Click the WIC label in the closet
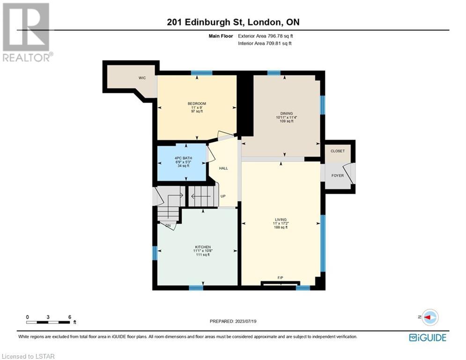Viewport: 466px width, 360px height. coord(142,78)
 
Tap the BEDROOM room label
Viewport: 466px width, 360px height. coord(197,104)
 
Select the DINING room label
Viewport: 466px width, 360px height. coord(287,113)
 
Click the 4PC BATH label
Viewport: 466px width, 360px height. coord(184,158)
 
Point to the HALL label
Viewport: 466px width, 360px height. coord(223,168)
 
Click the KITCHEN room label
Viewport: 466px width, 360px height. coord(203,247)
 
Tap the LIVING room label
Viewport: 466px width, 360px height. coord(281,219)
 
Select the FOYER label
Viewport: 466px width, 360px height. coord(338,175)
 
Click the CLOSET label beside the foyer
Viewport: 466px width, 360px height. coord(338,151)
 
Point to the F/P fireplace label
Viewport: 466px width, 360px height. coord(280,277)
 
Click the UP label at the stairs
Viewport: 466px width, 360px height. coord(223,196)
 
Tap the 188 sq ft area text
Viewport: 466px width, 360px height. coord(281,227)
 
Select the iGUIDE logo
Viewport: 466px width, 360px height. coord(428,337)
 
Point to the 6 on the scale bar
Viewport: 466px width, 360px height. coord(70,317)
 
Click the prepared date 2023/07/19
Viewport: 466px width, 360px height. coord(245,321)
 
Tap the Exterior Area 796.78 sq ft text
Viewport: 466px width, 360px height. coord(266,36)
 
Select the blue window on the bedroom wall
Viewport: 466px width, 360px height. coord(201,73)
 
